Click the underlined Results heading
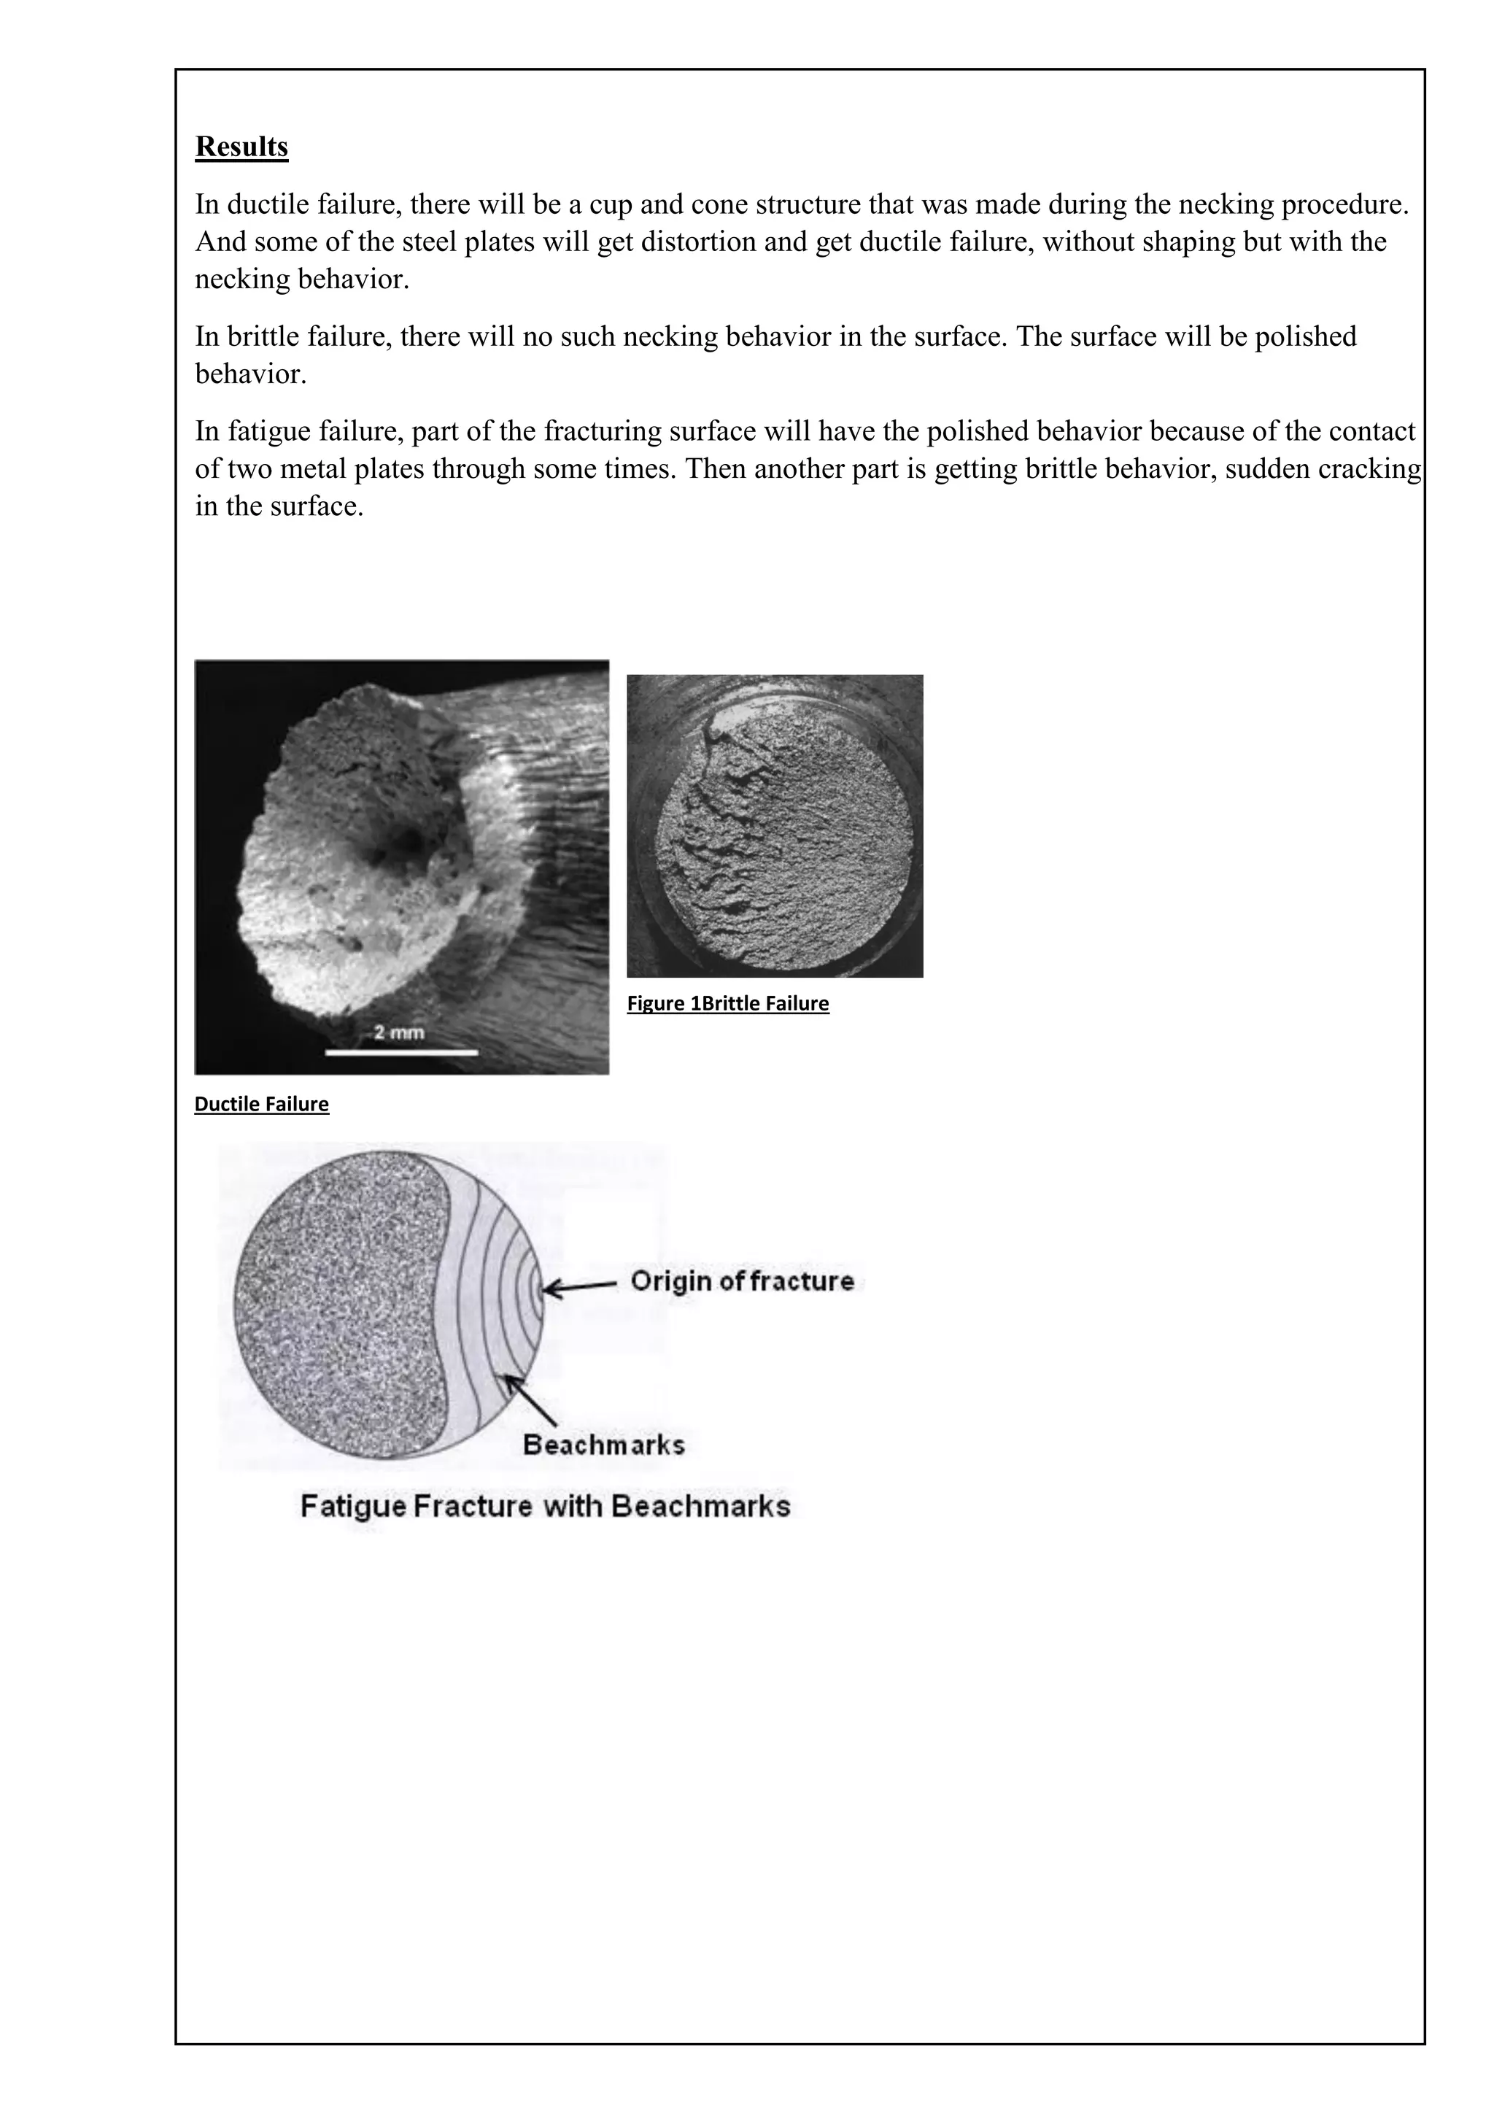click(x=241, y=147)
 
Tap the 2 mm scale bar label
click(x=398, y=1032)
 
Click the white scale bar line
click(x=402, y=1051)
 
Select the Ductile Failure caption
click(x=261, y=1105)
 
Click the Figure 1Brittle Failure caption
click(x=728, y=1004)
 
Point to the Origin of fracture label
click(x=741, y=1281)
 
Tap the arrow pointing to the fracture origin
click(x=579, y=1286)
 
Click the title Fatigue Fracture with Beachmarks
click(x=546, y=1507)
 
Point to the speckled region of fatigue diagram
click(x=341, y=1307)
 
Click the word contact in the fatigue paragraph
click(x=1371, y=432)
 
